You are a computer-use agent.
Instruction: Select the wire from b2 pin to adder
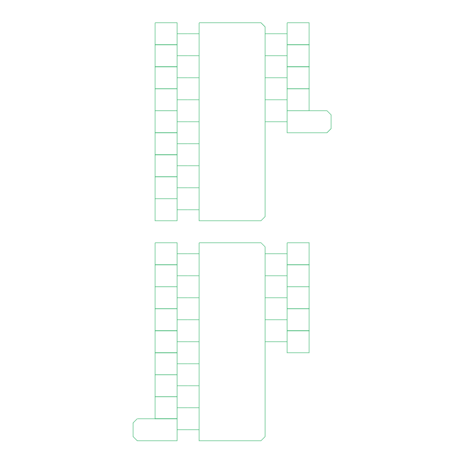[188, 166]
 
